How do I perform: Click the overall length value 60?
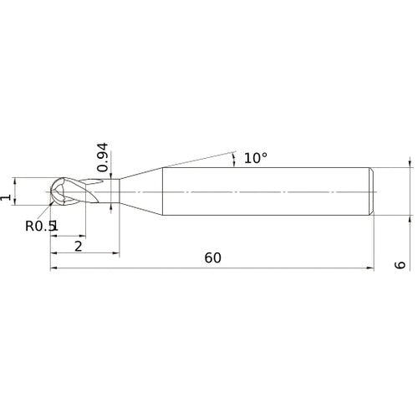[213, 258]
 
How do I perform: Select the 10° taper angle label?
[256, 158]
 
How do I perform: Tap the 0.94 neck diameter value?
[102, 157]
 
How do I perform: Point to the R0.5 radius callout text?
[39, 226]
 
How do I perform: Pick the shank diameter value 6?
[400, 265]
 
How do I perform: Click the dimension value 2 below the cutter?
[79, 247]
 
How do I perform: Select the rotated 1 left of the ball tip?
[6, 197]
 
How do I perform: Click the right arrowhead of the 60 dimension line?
[370, 268]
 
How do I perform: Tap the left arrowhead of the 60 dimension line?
[54, 268]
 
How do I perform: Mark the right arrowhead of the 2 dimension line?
[116, 253]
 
